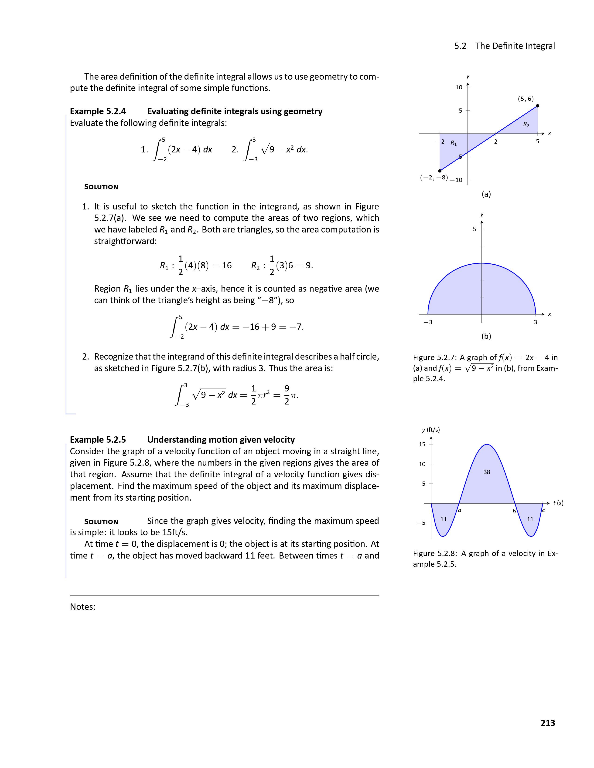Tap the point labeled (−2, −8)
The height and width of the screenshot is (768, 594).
[440, 171]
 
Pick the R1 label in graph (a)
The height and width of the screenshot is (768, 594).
[454, 143]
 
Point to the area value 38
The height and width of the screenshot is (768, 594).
[487, 472]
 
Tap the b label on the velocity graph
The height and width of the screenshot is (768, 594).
[514, 511]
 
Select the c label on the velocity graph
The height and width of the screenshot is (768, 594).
[543, 510]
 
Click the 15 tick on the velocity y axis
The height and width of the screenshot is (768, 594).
[422, 444]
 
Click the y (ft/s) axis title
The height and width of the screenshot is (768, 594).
[431, 430]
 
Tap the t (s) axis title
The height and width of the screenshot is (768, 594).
[558, 503]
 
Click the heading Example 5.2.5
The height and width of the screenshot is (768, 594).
[98, 440]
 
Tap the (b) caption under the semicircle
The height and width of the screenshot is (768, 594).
[486, 336]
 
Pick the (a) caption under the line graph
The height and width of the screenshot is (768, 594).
[486, 194]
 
